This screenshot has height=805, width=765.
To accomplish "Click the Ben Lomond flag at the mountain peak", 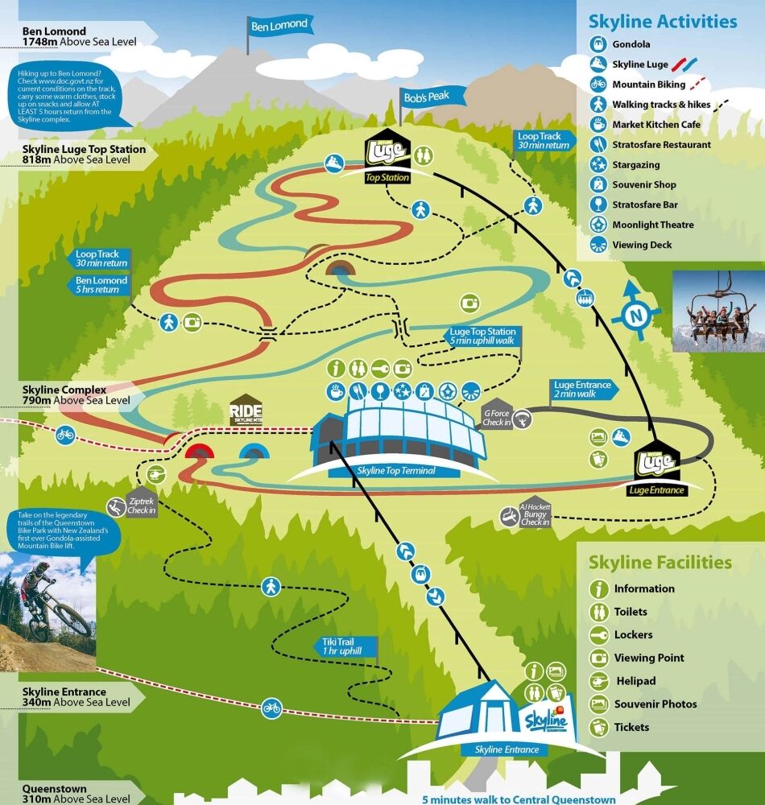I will point(279,26).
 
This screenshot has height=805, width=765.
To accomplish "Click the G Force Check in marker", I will point(498,416).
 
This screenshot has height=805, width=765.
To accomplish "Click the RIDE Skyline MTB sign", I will point(246,410).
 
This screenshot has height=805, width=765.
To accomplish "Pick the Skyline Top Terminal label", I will point(391,470).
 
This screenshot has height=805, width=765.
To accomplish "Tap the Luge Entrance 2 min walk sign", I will point(583,390).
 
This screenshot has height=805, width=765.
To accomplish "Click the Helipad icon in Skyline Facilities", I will point(598,681).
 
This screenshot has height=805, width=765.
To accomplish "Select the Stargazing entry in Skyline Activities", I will point(636,165).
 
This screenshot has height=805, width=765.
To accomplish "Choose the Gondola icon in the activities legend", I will point(598,44).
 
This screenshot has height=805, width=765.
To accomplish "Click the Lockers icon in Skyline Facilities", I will point(598,634).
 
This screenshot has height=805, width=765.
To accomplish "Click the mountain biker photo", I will point(48,609).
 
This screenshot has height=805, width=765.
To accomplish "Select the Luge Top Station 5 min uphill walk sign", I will point(483,336).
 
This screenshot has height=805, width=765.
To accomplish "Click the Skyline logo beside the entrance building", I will point(548,719).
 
